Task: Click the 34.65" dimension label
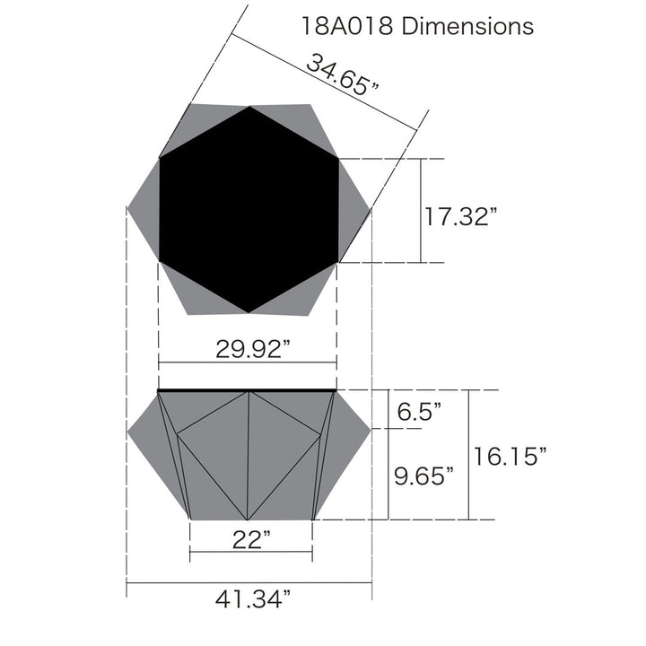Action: (x=342, y=75)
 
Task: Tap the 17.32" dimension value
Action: (x=460, y=216)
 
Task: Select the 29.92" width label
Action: (x=253, y=349)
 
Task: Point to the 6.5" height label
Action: (x=419, y=411)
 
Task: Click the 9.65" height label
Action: (x=423, y=476)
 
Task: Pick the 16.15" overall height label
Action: (x=510, y=456)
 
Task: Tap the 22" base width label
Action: (x=251, y=539)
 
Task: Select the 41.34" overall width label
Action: (x=253, y=598)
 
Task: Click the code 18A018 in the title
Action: (x=347, y=26)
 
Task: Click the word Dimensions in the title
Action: (x=467, y=26)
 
